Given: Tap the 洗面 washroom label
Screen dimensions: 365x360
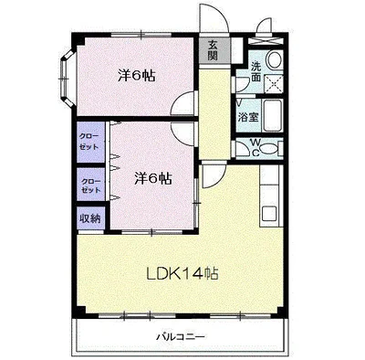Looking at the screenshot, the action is [x=256, y=71].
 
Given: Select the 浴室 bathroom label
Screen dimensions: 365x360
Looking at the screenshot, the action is [x=248, y=117].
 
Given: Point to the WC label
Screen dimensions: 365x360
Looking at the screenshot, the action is [x=255, y=147].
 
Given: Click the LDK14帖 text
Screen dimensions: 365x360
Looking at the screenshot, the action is [x=182, y=274].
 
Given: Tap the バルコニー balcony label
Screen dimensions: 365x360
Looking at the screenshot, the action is [x=181, y=337].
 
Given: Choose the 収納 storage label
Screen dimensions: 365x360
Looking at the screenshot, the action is [x=90, y=218].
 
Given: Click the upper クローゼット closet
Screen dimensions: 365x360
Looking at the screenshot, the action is [x=89, y=142].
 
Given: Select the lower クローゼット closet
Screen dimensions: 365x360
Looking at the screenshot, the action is [x=91, y=185].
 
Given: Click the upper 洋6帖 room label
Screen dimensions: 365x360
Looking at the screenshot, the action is [x=137, y=76].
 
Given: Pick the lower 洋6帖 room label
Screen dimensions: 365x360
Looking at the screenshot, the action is [x=153, y=179].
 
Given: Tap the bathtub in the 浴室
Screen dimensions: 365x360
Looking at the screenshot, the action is [x=273, y=115].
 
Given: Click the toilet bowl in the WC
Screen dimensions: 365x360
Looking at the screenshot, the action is [x=269, y=148].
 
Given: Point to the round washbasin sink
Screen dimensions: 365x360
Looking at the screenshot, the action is [x=275, y=58].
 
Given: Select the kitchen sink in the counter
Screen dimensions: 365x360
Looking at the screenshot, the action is [x=269, y=212].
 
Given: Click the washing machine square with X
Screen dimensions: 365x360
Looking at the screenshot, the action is [x=273, y=83].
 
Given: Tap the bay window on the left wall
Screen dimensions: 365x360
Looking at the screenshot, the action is [x=67, y=79].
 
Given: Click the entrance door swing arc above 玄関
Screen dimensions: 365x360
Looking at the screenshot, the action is [x=213, y=18].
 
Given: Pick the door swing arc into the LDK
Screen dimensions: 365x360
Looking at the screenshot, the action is [x=213, y=176].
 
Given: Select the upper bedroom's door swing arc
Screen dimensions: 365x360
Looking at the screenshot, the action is [x=182, y=103].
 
